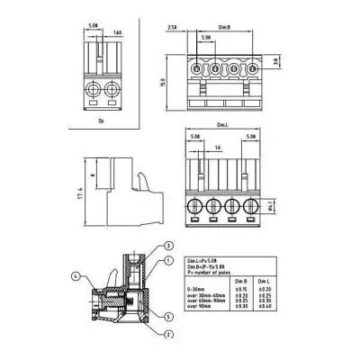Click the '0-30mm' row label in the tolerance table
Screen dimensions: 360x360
[x=197, y=288]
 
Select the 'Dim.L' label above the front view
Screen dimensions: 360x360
[x=220, y=127]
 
